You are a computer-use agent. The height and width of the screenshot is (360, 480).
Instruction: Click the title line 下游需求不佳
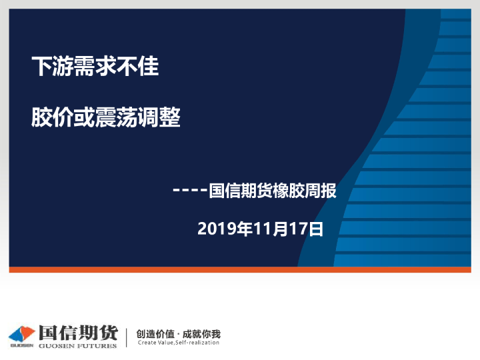[x=95, y=67]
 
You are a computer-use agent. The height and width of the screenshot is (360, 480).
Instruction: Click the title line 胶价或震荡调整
[x=106, y=118]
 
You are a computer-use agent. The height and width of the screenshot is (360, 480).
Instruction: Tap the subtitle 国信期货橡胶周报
[x=273, y=191]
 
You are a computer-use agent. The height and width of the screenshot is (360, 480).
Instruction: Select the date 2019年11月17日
[x=261, y=229]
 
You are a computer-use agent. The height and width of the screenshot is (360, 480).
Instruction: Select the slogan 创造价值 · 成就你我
[x=178, y=333]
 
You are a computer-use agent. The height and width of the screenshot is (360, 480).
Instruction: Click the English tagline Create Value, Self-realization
[x=178, y=343]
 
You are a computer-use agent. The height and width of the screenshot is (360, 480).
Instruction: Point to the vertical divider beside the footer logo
[x=127, y=337]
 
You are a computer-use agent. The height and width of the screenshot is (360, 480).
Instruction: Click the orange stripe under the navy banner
[x=240, y=269]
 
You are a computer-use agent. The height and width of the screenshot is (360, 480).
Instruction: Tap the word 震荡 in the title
[x=117, y=118]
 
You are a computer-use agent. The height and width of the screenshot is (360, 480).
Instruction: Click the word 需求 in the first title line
[x=85, y=67]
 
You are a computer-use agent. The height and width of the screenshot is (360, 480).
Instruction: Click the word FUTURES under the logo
[x=99, y=345]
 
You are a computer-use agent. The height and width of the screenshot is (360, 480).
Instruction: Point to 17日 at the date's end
[x=307, y=229]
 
